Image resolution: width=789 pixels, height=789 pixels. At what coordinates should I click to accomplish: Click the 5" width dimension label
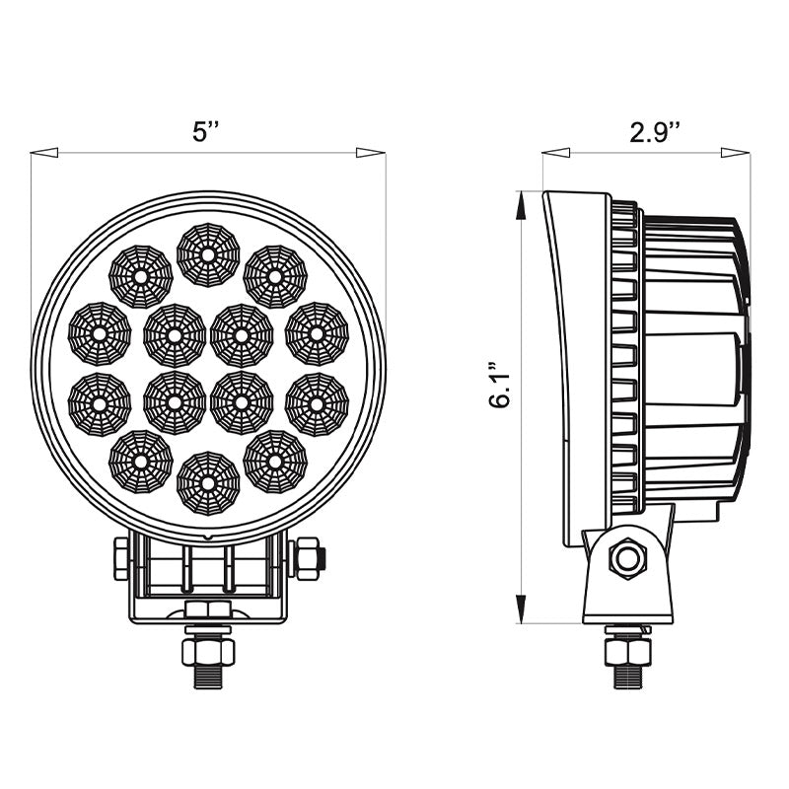click(x=206, y=132)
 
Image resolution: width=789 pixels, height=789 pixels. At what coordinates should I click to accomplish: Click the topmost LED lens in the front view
click(x=208, y=253)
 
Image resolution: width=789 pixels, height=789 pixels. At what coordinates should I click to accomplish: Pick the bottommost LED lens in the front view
click(x=208, y=482)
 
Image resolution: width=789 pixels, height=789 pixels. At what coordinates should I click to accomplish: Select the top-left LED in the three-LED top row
click(x=140, y=276)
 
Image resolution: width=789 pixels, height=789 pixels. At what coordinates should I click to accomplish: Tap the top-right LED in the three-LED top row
click(x=275, y=276)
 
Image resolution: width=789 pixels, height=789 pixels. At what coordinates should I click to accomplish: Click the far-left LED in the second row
click(x=100, y=333)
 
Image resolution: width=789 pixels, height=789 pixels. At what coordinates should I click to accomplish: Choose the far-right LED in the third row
click(x=317, y=403)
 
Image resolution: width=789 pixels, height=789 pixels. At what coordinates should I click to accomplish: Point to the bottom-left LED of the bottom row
click(x=140, y=461)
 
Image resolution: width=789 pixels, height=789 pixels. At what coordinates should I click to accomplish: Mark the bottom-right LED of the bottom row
click(x=275, y=461)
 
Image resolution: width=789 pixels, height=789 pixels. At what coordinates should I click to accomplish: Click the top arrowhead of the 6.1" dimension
click(x=520, y=203)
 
